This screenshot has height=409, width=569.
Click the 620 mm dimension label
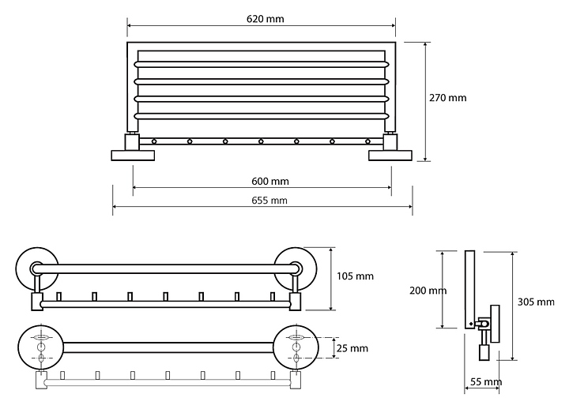click(x=266, y=19)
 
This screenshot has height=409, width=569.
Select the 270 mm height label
click(x=448, y=98)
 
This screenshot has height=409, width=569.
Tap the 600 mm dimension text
click(x=270, y=182)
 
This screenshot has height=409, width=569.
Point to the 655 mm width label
click(x=269, y=201)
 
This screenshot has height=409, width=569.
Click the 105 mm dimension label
click(x=356, y=276)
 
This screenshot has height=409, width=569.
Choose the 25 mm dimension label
click(x=352, y=348)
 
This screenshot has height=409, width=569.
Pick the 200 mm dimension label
click(x=428, y=291)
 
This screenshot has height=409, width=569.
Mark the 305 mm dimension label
click(x=536, y=302)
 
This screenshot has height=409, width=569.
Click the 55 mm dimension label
click(x=486, y=382)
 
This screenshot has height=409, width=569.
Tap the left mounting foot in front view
click(x=133, y=156)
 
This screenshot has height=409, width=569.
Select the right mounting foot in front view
click(x=390, y=156)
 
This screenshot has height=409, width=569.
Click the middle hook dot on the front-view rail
click(x=261, y=141)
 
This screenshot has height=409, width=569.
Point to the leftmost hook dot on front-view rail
click(x=154, y=141)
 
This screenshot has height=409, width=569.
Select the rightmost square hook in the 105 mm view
click(x=273, y=297)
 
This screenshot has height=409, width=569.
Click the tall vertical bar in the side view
click(x=470, y=290)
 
